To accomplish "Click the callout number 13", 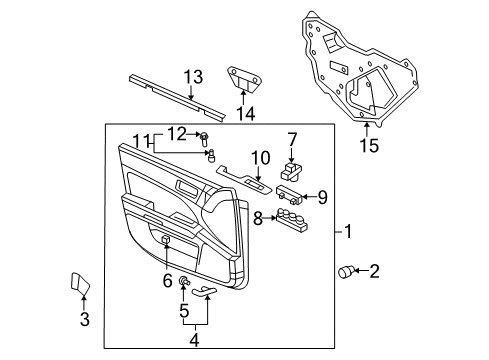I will (192, 76).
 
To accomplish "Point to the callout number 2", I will (375, 270).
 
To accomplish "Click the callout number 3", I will (85, 320).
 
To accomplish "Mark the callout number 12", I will (177, 133).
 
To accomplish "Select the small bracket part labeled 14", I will (243, 77).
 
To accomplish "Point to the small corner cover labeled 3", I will (78, 287).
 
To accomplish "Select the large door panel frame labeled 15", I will (355, 70).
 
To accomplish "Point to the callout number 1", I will (347, 234).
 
